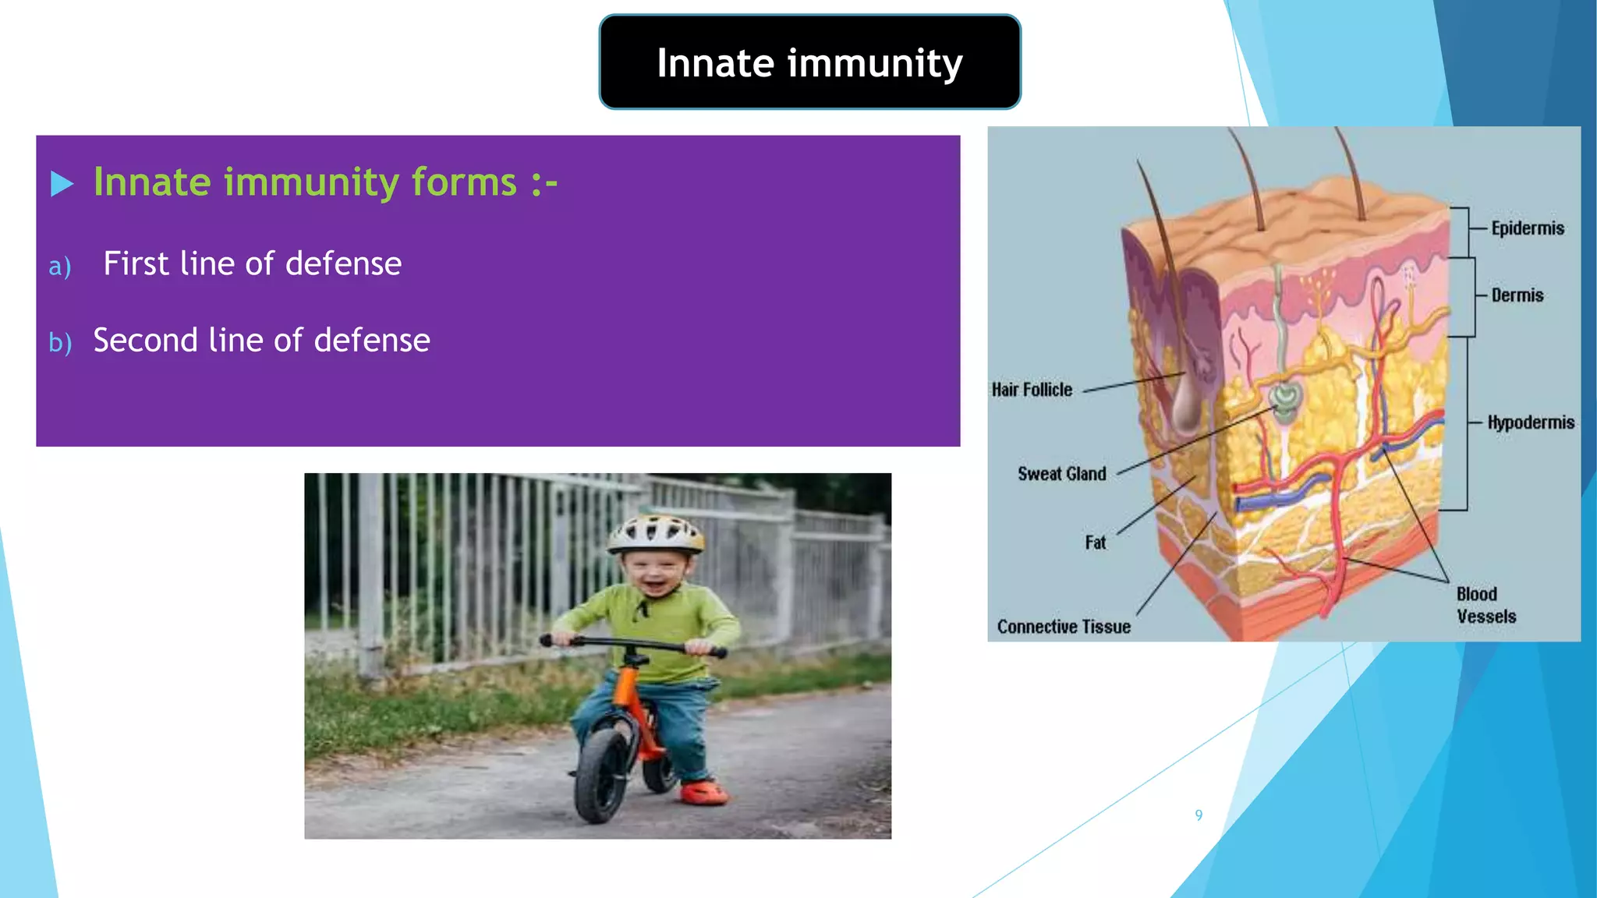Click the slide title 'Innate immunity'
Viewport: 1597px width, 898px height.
click(809, 62)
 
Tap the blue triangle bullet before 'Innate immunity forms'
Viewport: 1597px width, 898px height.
click(62, 184)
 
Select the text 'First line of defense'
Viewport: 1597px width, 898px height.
click(253, 263)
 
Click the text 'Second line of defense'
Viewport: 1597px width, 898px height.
click(261, 340)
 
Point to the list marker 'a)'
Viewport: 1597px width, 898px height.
click(60, 267)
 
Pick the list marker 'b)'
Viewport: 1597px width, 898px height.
click(60, 342)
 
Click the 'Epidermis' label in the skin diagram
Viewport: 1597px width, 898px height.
click(1527, 228)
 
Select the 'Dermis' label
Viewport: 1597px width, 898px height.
click(1517, 295)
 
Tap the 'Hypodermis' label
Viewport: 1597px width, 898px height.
click(1530, 422)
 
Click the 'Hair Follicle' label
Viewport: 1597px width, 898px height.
click(1032, 390)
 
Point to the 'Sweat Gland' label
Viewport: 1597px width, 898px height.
click(1061, 474)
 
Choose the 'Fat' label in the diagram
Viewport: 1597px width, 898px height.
click(1095, 543)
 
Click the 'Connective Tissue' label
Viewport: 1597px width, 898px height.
click(1064, 627)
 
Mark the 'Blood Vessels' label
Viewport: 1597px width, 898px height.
click(1485, 605)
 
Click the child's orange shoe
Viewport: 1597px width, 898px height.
click(703, 793)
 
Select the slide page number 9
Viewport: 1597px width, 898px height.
click(1199, 815)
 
